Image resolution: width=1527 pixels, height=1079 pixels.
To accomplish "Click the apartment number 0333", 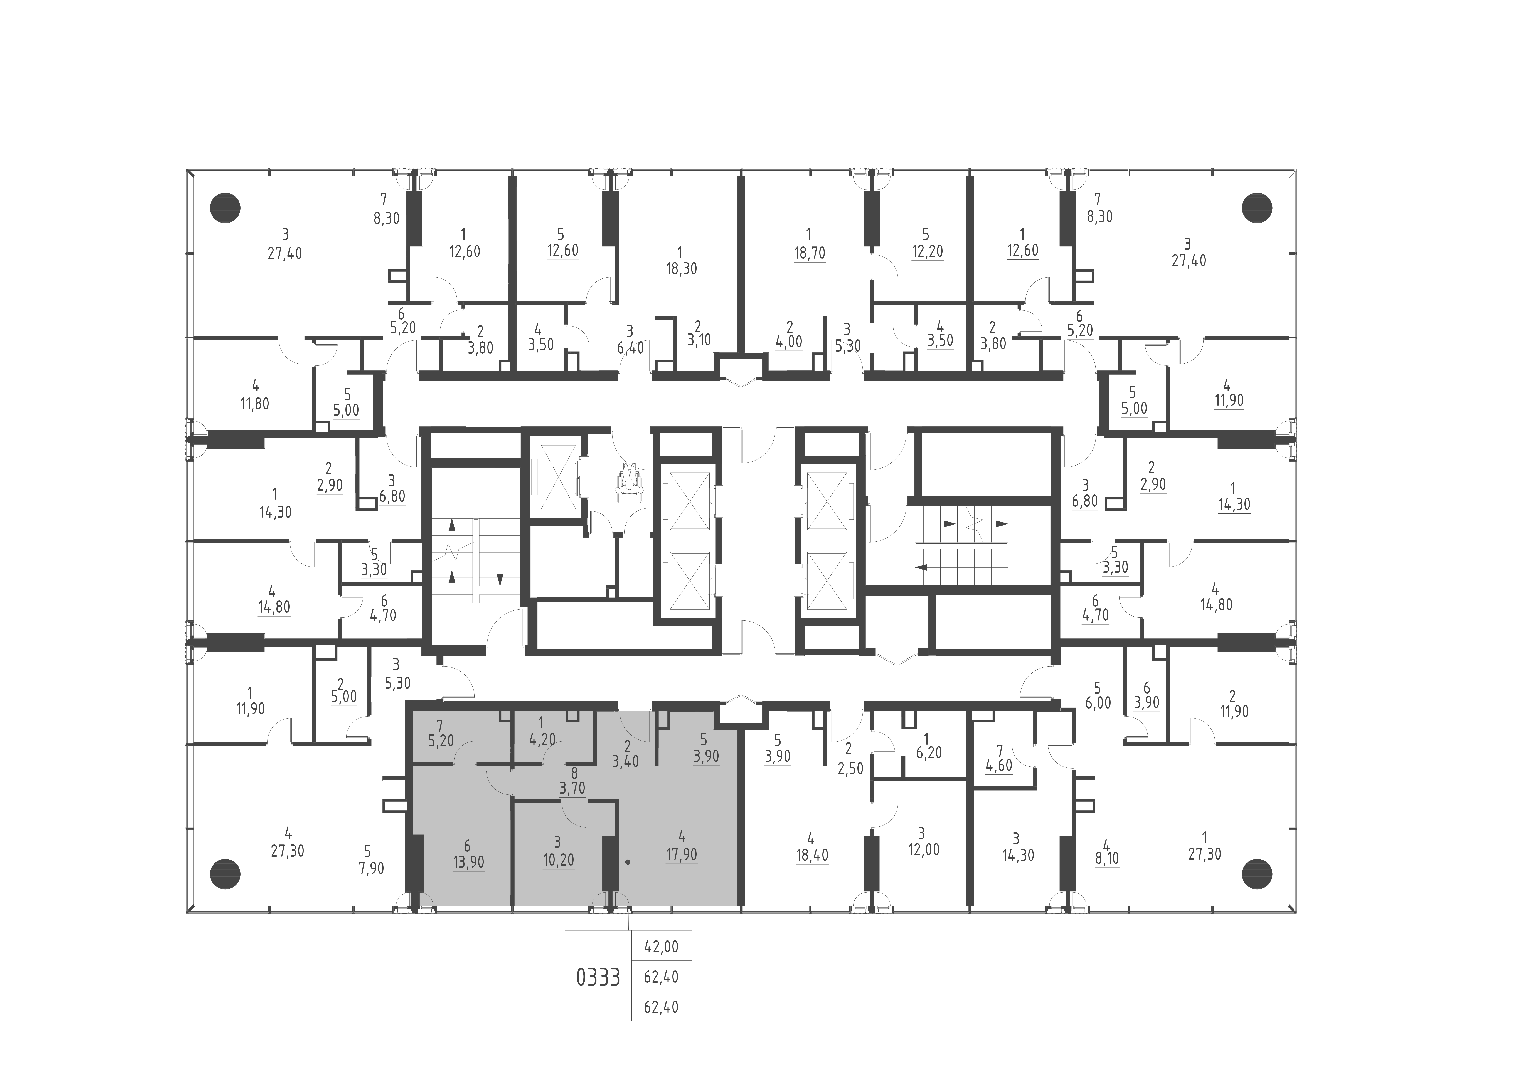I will click(x=598, y=977).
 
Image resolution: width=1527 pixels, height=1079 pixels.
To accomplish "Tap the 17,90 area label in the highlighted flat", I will click(x=682, y=854).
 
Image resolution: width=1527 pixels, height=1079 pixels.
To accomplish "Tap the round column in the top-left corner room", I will click(x=225, y=208).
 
